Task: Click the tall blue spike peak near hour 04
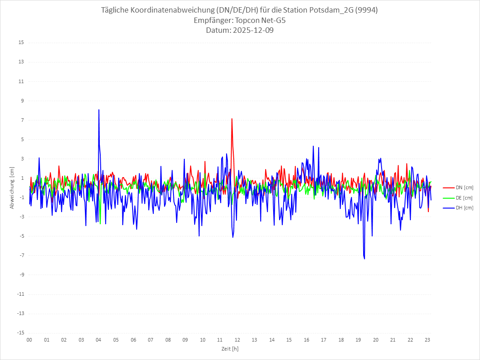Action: (x=99, y=110)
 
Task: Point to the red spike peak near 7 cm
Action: (x=232, y=119)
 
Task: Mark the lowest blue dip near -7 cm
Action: (x=364, y=258)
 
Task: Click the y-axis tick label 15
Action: (x=21, y=43)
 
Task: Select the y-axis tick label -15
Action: (x=20, y=333)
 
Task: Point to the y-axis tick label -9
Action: (x=21, y=275)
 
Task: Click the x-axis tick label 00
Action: (x=29, y=340)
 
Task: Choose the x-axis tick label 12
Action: (x=237, y=340)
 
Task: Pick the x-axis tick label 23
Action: (x=427, y=340)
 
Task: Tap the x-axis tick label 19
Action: (x=358, y=340)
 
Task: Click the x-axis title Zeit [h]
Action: (x=230, y=349)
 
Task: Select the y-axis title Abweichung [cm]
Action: (x=12, y=188)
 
